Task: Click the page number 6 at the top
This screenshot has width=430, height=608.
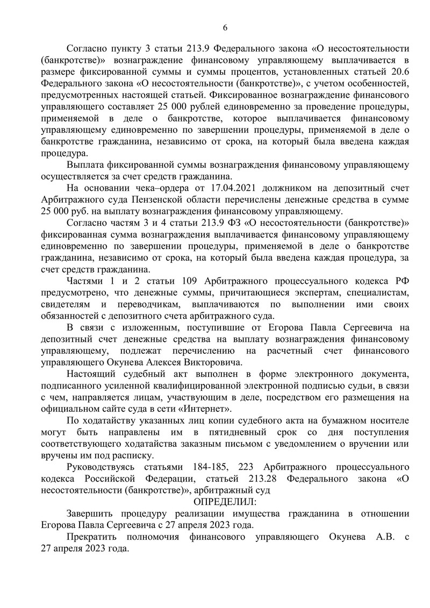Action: tap(225, 28)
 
